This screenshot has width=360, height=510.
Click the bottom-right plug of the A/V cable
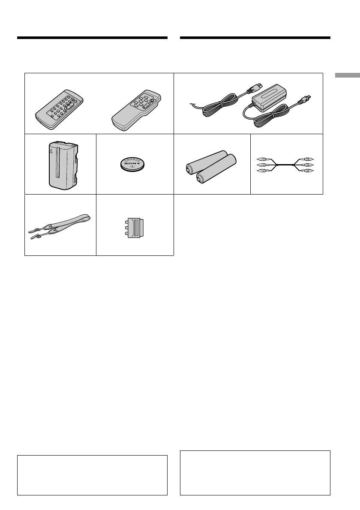coord(308,171)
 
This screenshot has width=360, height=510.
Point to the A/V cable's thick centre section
coord(286,165)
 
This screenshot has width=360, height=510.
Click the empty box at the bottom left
coord(92,475)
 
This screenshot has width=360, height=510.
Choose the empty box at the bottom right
coord(255,472)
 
